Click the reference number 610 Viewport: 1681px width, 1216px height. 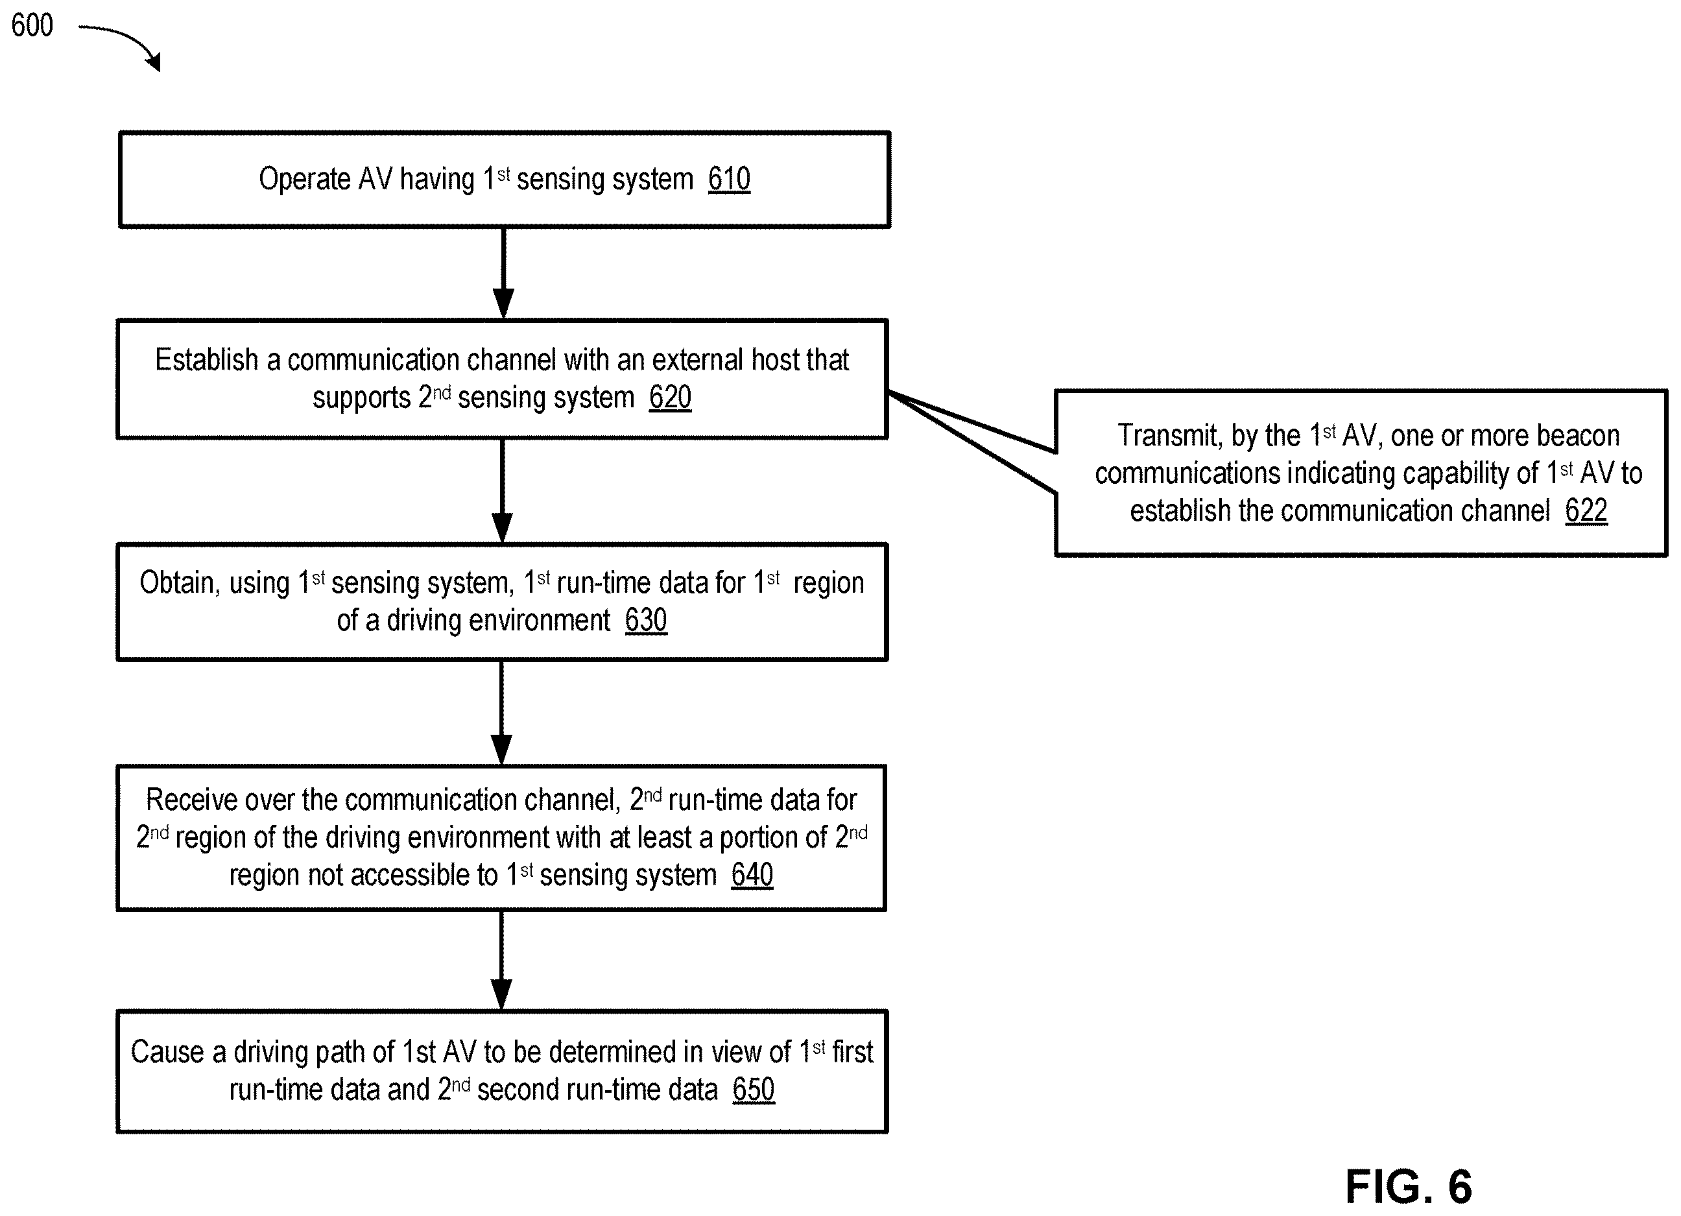coord(728,180)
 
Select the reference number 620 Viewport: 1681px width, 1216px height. coord(670,398)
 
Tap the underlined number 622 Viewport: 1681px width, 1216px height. coord(1586,510)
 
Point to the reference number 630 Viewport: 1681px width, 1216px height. coord(645,620)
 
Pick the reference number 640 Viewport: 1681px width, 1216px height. coord(752,875)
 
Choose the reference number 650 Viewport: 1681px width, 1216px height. coord(754,1090)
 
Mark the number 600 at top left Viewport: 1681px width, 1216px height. coord(32,25)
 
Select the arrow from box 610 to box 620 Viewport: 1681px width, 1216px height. coord(503,272)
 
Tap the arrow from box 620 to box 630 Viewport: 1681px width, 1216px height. coord(503,490)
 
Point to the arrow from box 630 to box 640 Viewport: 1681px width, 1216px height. coord(502,712)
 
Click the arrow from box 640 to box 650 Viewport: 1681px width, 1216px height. coord(502,960)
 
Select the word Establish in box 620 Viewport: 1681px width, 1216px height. coord(207,360)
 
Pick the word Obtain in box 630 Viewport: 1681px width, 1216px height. coord(180,583)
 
